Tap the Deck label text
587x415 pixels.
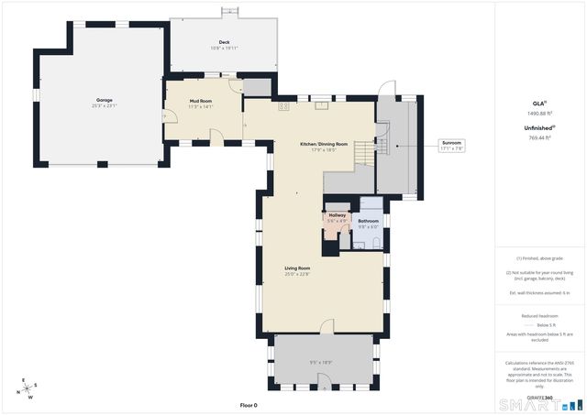(224, 42)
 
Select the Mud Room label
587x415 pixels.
(200, 101)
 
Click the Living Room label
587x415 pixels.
(296, 268)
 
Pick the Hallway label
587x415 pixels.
(338, 215)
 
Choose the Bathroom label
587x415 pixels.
(368, 221)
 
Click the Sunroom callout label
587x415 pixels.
(453, 143)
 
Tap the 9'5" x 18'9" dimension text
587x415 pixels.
(320, 362)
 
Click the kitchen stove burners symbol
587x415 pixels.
(284, 106)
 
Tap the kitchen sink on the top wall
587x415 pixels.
(323, 105)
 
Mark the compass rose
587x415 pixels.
(25, 388)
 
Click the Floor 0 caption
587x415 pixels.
(249, 405)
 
